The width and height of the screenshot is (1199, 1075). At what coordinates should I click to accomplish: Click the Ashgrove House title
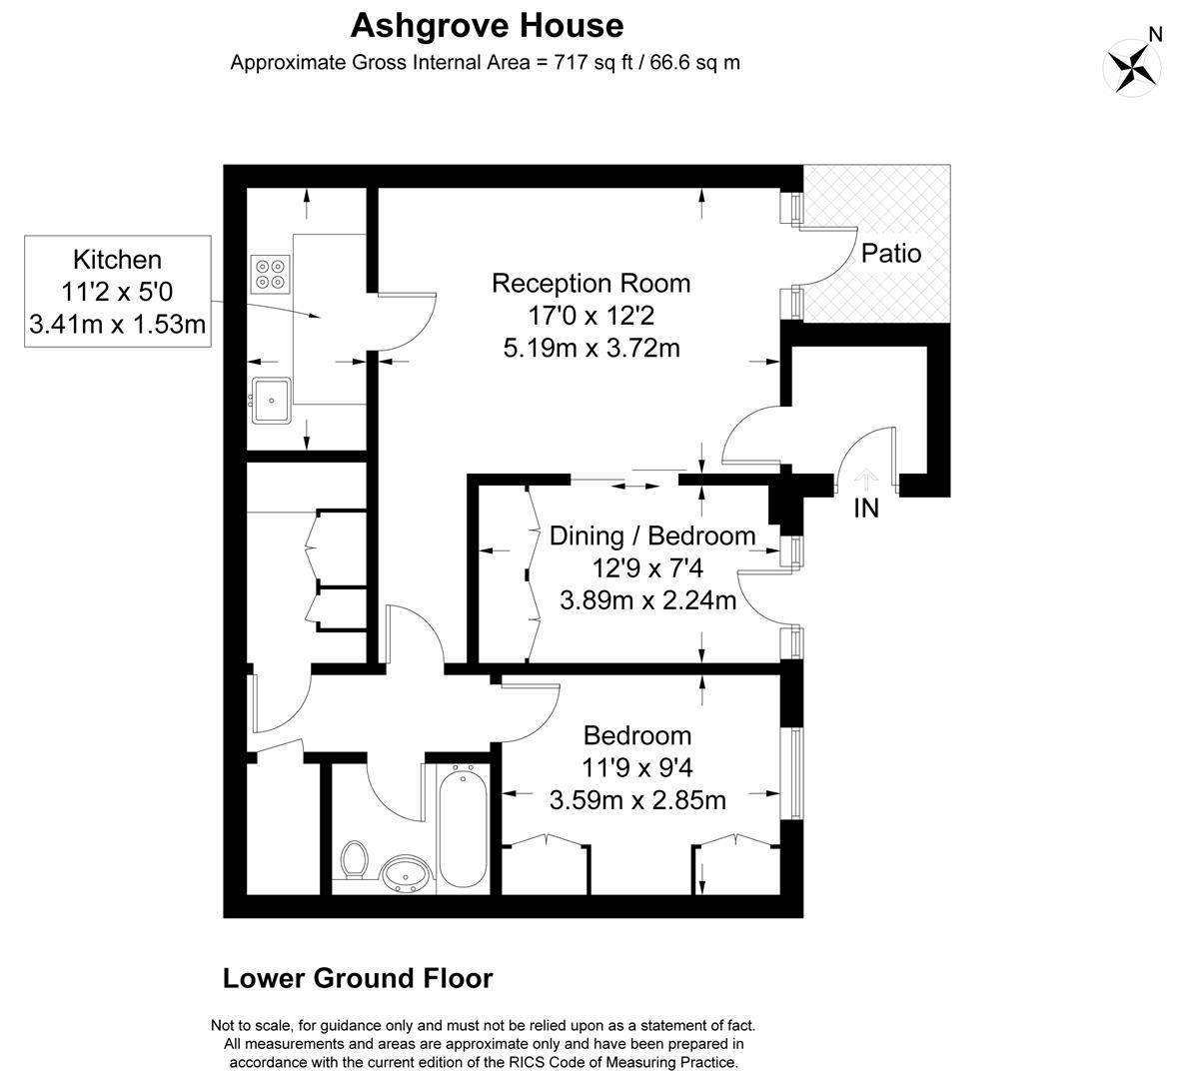487,25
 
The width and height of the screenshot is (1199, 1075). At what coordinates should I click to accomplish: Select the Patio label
890,254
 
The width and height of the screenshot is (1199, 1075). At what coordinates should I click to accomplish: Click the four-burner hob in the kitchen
271,274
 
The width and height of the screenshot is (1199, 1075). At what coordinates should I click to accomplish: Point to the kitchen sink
271,401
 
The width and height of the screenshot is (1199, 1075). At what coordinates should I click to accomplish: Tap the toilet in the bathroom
355,859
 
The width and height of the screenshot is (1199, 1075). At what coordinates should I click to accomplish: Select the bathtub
463,826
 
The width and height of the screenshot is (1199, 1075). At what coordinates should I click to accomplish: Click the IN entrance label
866,509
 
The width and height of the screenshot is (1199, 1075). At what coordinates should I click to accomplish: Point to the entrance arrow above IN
866,479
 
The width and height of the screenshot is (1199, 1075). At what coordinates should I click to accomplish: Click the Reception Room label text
591,283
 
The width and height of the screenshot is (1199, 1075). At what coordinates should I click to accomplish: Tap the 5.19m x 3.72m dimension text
592,348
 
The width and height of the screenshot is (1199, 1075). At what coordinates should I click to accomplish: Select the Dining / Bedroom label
652,536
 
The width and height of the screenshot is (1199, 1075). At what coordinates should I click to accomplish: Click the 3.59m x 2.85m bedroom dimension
637,800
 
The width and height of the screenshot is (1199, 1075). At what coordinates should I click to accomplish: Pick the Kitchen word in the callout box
117,260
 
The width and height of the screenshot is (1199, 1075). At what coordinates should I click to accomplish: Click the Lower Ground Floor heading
358,978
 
